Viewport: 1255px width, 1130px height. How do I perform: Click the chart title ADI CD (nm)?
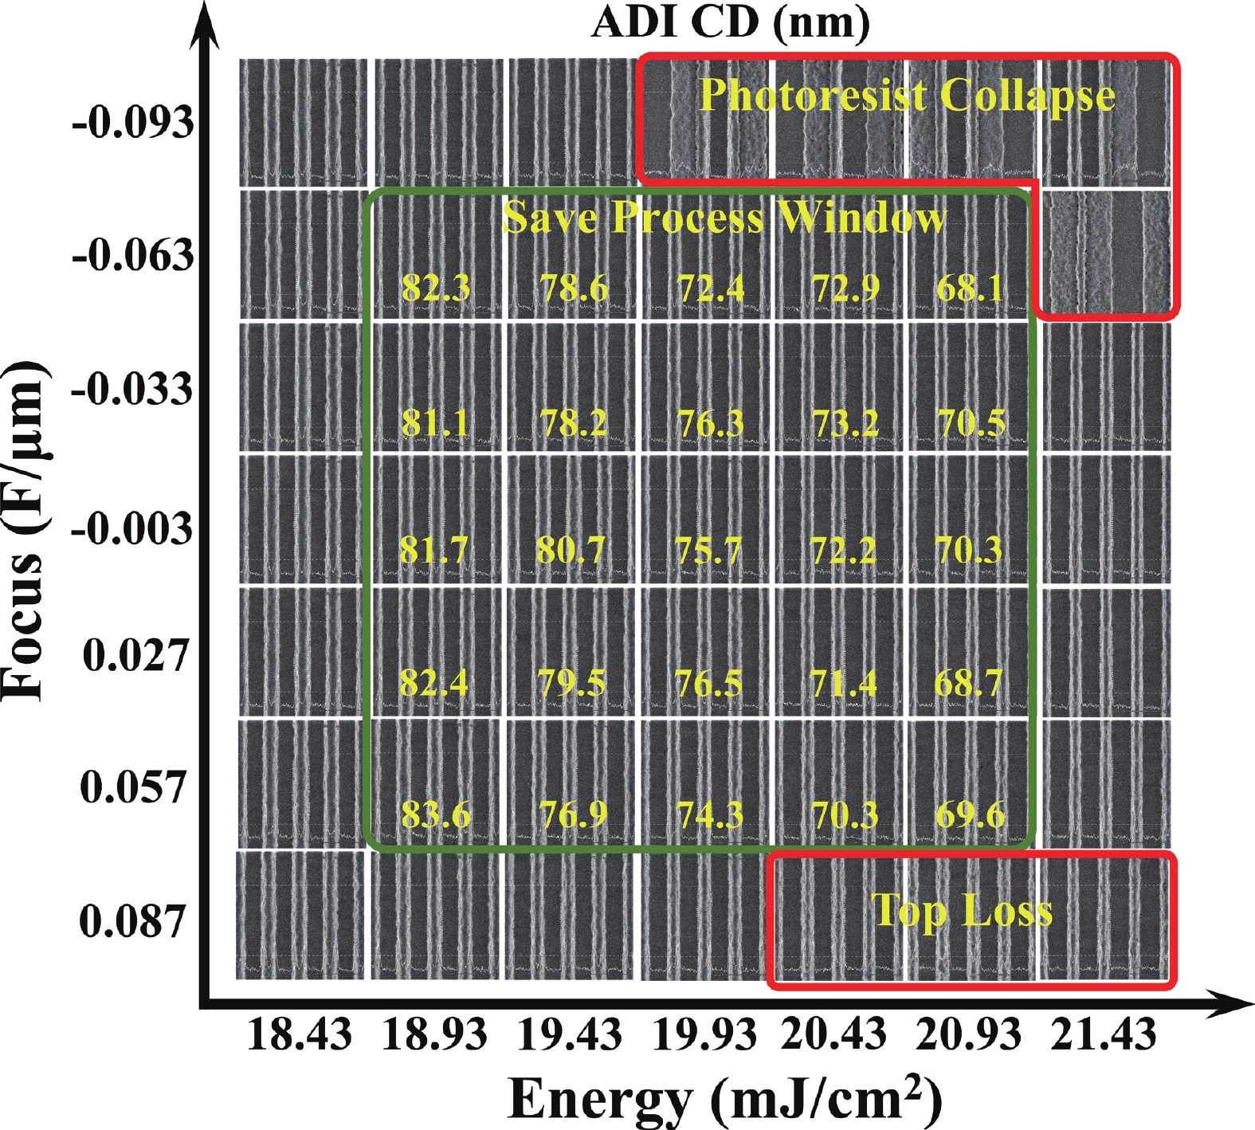pyautogui.click(x=731, y=22)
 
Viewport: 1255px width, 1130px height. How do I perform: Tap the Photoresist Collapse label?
pyautogui.click(x=907, y=96)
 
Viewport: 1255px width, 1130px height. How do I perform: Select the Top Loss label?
pyautogui.click(x=962, y=911)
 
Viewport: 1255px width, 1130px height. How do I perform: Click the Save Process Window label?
pyautogui.click(x=725, y=217)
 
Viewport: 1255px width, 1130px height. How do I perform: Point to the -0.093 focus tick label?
pyautogui.click(x=133, y=124)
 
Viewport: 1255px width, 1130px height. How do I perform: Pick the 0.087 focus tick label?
pyautogui.click(x=132, y=921)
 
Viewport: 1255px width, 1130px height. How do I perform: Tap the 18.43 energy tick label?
pyautogui.click(x=300, y=1034)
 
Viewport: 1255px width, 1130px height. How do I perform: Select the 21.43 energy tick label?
pyautogui.click(x=1104, y=1034)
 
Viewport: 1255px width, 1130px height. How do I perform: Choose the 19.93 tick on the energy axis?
pyautogui.click(x=704, y=1034)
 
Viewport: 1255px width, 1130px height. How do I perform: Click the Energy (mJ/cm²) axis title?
pyautogui.click(x=725, y=1100)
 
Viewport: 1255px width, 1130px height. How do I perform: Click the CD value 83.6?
pyautogui.click(x=436, y=815)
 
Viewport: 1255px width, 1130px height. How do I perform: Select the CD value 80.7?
pyautogui.click(x=571, y=550)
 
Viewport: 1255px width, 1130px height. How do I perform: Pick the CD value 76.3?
pyautogui.click(x=710, y=423)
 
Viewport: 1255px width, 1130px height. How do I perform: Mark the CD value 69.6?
pyautogui.click(x=970, y=815)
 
